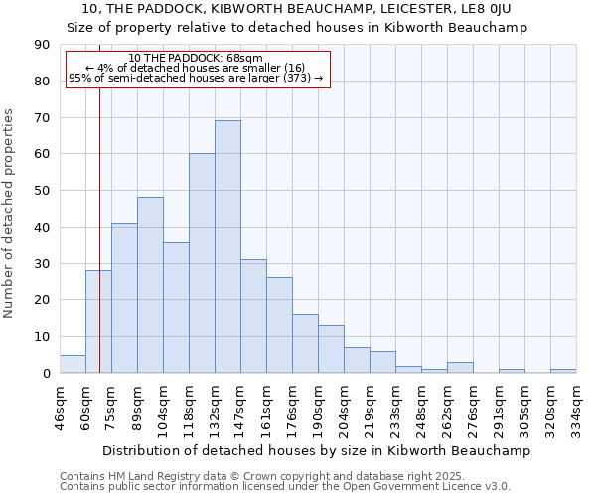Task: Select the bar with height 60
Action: pyautogui.click(x=202, y=263)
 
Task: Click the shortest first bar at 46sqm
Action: pyautogui.click(x=73, y=364)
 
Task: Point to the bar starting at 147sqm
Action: pyautogui.click(x=253, y=316)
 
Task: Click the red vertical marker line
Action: pyautogui.click(x=100, y=199)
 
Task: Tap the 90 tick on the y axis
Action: pyautogui.click(x=42, y=45)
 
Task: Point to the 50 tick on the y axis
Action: pyautogui.click(x=42, y=191)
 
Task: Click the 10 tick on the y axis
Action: pyautogui.click(x=42, y=337)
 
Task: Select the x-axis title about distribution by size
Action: pyautogui.click(x=316, y=450)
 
